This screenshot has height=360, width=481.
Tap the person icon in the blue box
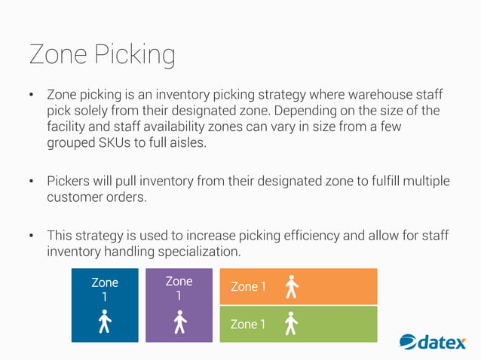105,323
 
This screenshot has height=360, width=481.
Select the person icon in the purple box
179,322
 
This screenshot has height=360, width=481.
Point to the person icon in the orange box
291,286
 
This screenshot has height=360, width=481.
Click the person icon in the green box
291,324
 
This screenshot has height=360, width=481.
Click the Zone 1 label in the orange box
248,287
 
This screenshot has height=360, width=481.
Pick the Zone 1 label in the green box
248,325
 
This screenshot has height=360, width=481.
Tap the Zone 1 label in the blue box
105,289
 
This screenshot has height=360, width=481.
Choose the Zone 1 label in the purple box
179,288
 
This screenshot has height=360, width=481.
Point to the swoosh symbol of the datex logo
407,343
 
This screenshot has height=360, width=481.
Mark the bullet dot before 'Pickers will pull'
32,182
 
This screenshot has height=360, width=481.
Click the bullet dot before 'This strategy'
32,236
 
